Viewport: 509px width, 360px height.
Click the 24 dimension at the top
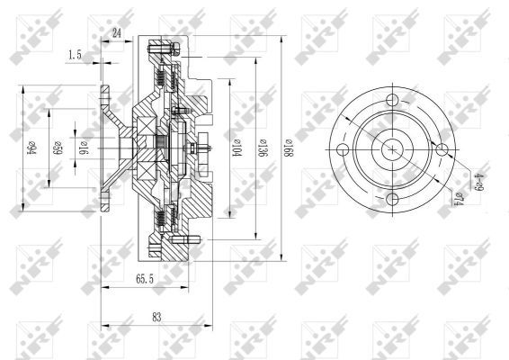pyautogui.click(x=117, y=33)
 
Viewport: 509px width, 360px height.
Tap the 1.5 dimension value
pyautogui.click(x=75, y=54)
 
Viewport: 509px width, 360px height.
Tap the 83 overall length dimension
pyautogui.click(x=157, y=317)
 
